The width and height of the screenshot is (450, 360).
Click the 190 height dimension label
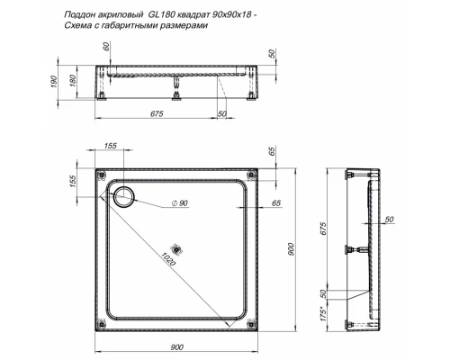tap(55, 82)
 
